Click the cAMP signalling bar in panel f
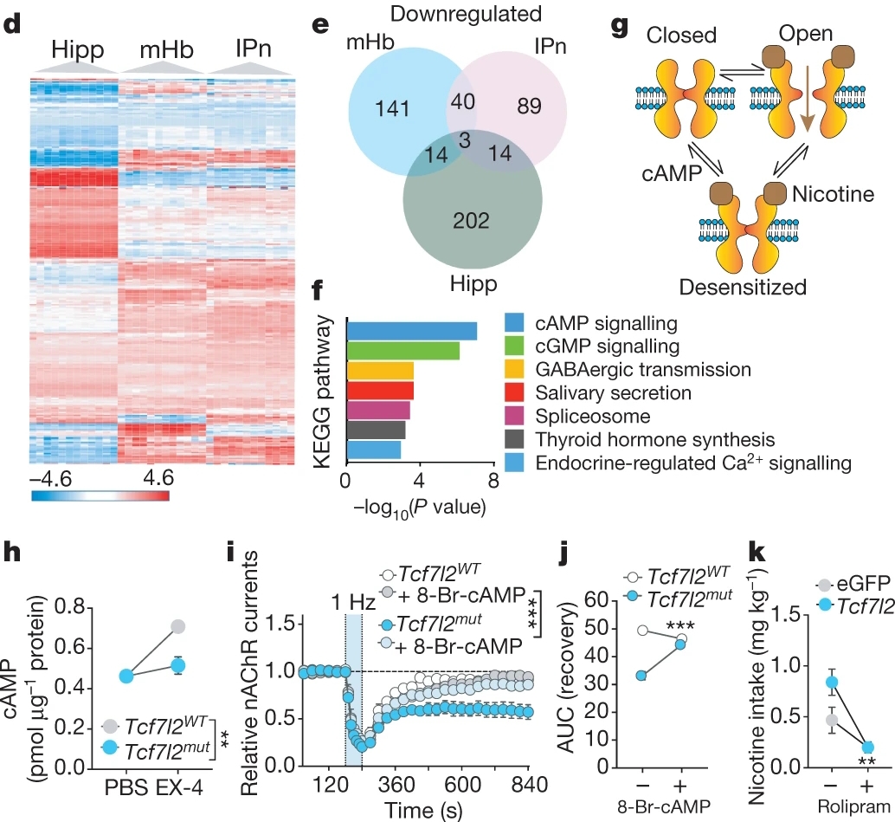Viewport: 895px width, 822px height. pos(412,330)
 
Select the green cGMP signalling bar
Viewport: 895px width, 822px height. pos(402,351)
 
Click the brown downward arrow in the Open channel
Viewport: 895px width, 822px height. pos(806,100)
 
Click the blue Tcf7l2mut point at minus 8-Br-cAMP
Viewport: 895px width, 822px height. pos(641,675)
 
